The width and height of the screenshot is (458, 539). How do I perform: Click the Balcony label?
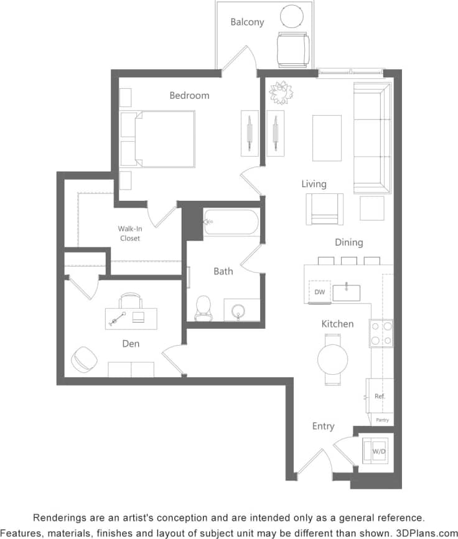point(247,22)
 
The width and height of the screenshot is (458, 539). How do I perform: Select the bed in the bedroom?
point(164,139)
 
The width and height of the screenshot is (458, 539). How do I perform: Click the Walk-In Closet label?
point(129,234)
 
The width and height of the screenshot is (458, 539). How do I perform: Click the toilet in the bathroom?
point(203,307)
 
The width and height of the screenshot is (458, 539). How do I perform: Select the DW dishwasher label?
point(320,292)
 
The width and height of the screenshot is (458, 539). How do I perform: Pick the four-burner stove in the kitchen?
point(381,333)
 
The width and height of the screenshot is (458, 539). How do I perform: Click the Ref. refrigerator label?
point(380,396)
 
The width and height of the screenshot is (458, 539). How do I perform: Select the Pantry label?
point(382,420)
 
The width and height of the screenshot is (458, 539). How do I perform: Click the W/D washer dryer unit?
point(378,450)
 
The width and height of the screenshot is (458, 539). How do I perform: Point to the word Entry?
point(323,426)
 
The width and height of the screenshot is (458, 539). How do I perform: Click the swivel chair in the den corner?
point(84,359)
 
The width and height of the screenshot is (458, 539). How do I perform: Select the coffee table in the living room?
point(327,137)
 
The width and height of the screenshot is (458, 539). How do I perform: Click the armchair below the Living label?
point(324,209)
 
